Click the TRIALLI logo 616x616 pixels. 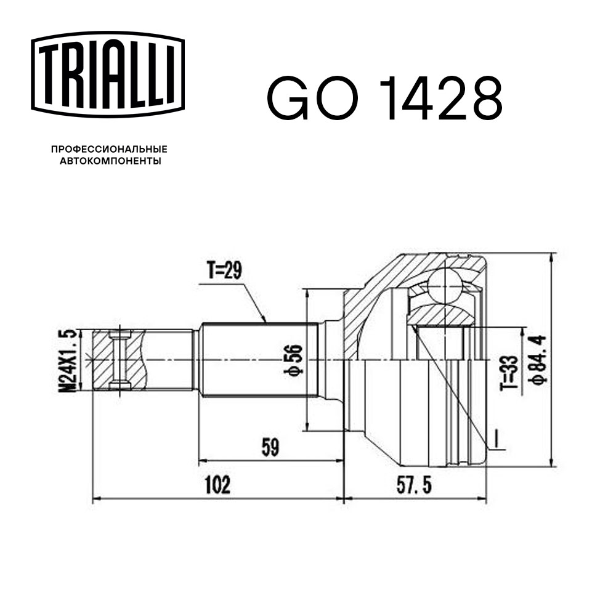click(x=108, y=75)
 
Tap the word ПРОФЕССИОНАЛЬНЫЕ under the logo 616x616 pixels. click(x=109, y=149)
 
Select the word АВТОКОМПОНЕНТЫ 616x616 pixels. click(x=110, y=161)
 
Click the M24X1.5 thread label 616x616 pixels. click(x=67, y=361)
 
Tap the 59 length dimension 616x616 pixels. click(x=270, y=447)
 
